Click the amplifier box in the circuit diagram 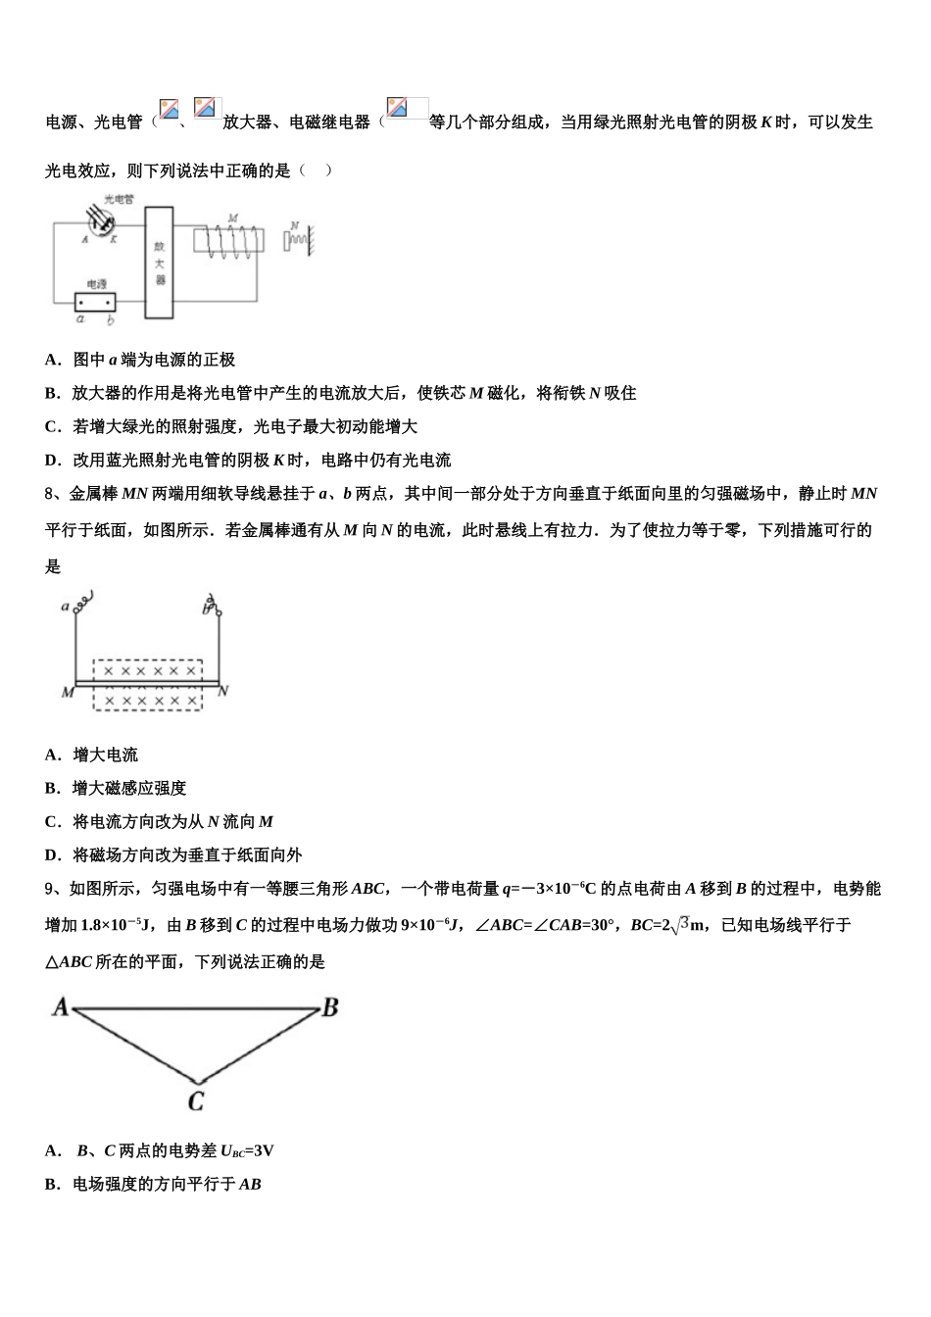159,263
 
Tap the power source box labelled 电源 96,302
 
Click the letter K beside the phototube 114,238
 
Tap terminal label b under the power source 110,319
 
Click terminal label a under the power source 80,319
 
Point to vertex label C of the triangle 196,1101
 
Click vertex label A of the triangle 60,1006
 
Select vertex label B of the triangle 330,1006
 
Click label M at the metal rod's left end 67,692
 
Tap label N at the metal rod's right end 223,691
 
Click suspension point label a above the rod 66,607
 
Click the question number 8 50,494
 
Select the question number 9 50,890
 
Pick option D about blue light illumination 248,460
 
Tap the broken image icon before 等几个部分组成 397,107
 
